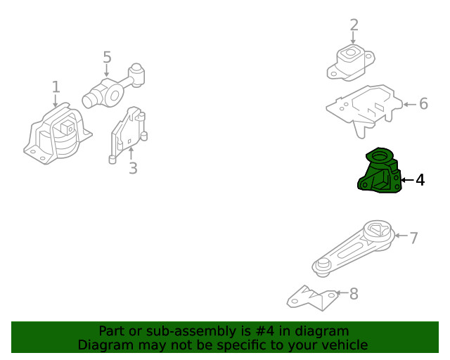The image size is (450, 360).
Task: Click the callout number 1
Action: pyautogui.click(x=56, y=86)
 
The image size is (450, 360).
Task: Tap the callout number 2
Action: pyautogui.click(x=354, y=25)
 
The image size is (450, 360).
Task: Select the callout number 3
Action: pyautogui.click(x=133, y=168)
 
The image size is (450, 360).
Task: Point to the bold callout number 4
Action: pyautogui.click(x=420, y=180)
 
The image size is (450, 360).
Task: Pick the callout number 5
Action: pyautogui.click(x=107, y=57)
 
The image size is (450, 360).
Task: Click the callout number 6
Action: pyautogui.click(x=423, y=103)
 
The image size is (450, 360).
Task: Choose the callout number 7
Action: pyautogui.click(x=413, y=238)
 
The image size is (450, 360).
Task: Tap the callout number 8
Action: pyautogui.click(x=354, y=294)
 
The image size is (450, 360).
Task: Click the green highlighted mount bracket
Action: pyautogui.click(x=380, y=172)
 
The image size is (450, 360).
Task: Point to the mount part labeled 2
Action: pyautogui.click(x=351, y=63)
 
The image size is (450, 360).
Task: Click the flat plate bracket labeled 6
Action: pyautogui.click(x=364, y=110)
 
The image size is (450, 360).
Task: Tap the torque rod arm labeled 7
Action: pyautogui.click(x=354, y=249)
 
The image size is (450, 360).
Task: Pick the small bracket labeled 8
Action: pyautogui.click(x=313, y=299)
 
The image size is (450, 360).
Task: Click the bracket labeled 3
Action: pyautogui.click(x=128, y=135)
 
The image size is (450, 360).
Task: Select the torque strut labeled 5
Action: pyautogui.click(x=113, y=86)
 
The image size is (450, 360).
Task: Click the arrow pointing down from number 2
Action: pyautogui.click(x=353, y=38)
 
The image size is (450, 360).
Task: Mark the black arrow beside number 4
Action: pyautogui.click(x=407, y=180)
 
